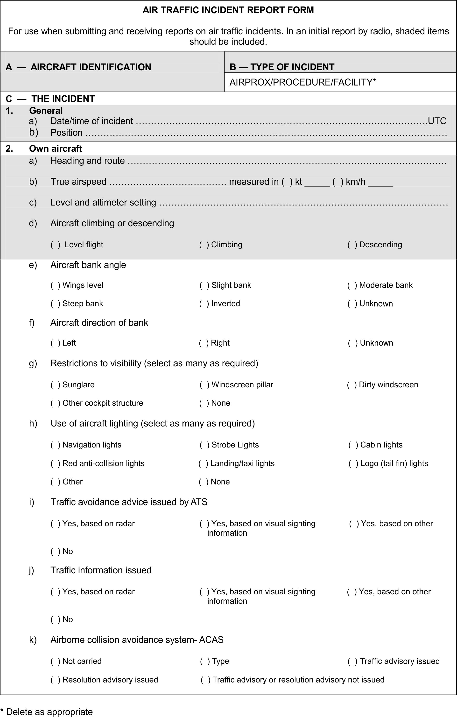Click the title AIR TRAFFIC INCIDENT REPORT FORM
pyautogui.click(x=228, y=10)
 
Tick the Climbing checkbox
pyautogui.click(x=204, y=245)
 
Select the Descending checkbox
pyautogui.click(x=352, y=245)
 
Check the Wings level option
pyautogui.click(x=55, y=285)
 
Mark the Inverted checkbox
pyautogui.click(x=204, y=304)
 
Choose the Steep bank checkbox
pyautogui.click(x=55, y=304)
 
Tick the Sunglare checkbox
pyautogui.click(x=55, y=385)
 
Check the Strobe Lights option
pyautogui.click(x=204, y=445)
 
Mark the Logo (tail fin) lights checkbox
pyautogui.click(x=353, y=463)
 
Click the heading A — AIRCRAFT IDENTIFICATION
pyautogui.click(x=78, y=67)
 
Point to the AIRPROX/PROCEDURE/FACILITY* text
pyautogui.click(x=302, y=82)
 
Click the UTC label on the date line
pyautogui.click(x=437, y=121)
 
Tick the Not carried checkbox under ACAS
pyautogui.click(x=55, y=661)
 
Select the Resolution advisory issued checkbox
pyautogui.click(x=55, y=680)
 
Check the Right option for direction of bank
pyautogui.click(x=204, y=343)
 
